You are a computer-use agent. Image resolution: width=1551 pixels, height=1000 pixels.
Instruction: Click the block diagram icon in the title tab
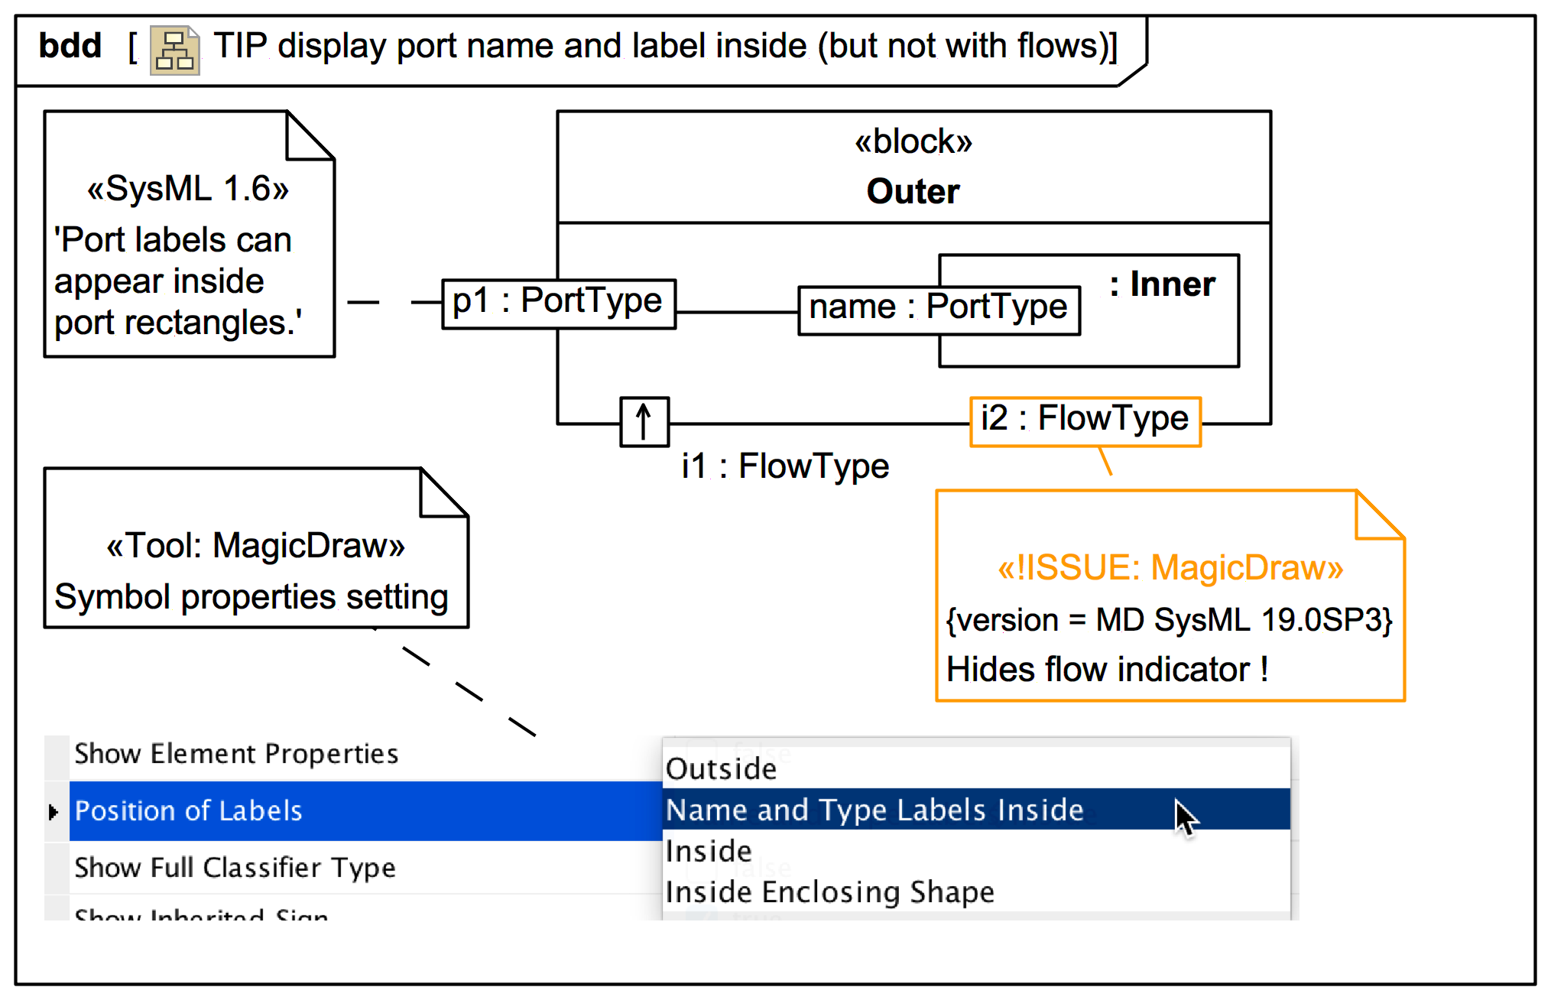(x=174, y=50)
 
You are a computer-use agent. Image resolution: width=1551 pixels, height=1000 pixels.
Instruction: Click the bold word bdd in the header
(x=70, y=47)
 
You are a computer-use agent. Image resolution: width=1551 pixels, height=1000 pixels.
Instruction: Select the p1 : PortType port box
(x=558, y=304)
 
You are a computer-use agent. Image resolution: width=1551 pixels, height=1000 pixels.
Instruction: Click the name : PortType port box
(x=938, y=310)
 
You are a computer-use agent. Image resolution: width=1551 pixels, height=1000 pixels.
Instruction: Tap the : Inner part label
(x=1162, y=285)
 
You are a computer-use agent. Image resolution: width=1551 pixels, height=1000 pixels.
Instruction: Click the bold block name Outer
(x=913, y=191)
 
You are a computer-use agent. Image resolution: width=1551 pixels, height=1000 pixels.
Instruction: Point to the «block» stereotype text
(x=913, y=142)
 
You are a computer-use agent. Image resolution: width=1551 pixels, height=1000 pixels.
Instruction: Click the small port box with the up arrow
(x=644, y=421)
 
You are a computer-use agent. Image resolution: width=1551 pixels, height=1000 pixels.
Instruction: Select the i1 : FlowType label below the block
(x=785, y=466)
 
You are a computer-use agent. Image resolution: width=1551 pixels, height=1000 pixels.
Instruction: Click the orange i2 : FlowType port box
(x=1084, y=420)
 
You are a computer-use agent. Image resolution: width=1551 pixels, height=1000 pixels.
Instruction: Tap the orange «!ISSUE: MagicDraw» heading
(x=1170, y=568)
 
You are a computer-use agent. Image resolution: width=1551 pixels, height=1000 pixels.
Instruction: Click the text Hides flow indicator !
(x=1107, y=670)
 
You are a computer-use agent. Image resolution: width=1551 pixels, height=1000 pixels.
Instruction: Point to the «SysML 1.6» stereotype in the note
(x=188, y=189)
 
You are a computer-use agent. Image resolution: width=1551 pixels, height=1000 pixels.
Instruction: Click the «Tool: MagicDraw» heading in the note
(x=255, y=546)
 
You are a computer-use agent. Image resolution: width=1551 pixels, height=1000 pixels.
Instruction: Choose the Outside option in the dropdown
(x=721, y=769)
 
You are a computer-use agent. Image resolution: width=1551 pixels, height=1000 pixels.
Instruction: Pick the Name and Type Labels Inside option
(x=874, y=810)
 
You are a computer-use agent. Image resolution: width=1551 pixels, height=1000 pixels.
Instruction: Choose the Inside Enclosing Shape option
(x=829, y=892)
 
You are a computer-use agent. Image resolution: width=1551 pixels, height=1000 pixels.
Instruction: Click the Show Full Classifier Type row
(x=235, y=868)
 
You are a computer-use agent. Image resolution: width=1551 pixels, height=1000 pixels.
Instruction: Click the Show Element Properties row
(x=236, y=754)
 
